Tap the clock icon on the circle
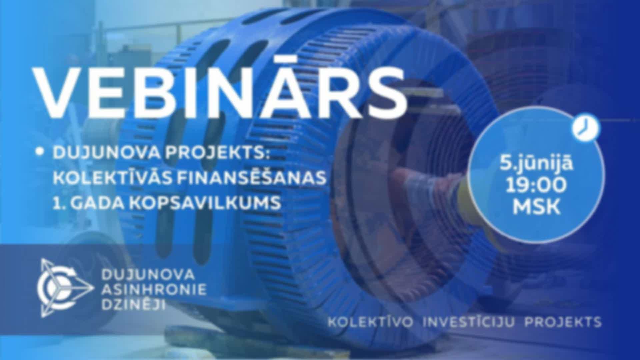click(x=586, y=129)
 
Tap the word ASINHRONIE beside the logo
click(x=154, y=289)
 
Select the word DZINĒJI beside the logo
click(x=133, y=304)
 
